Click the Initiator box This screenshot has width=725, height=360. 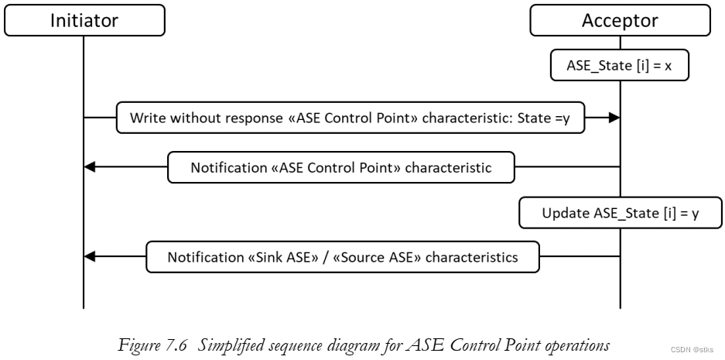[84, 20]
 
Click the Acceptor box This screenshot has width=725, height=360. [620, 20]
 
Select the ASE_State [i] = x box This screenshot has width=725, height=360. [620, 66]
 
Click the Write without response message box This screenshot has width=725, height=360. [349, 118]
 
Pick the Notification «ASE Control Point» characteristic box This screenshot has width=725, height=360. [340, 167]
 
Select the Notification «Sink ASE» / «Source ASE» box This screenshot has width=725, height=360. [343, 256]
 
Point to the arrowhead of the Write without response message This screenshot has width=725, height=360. [614, 118]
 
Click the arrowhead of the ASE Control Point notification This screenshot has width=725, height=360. [89, 167]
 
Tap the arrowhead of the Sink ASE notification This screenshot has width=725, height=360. [89, 256]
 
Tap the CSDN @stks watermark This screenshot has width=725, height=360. [692, 350]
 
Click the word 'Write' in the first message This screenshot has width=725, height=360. [146, 118]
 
